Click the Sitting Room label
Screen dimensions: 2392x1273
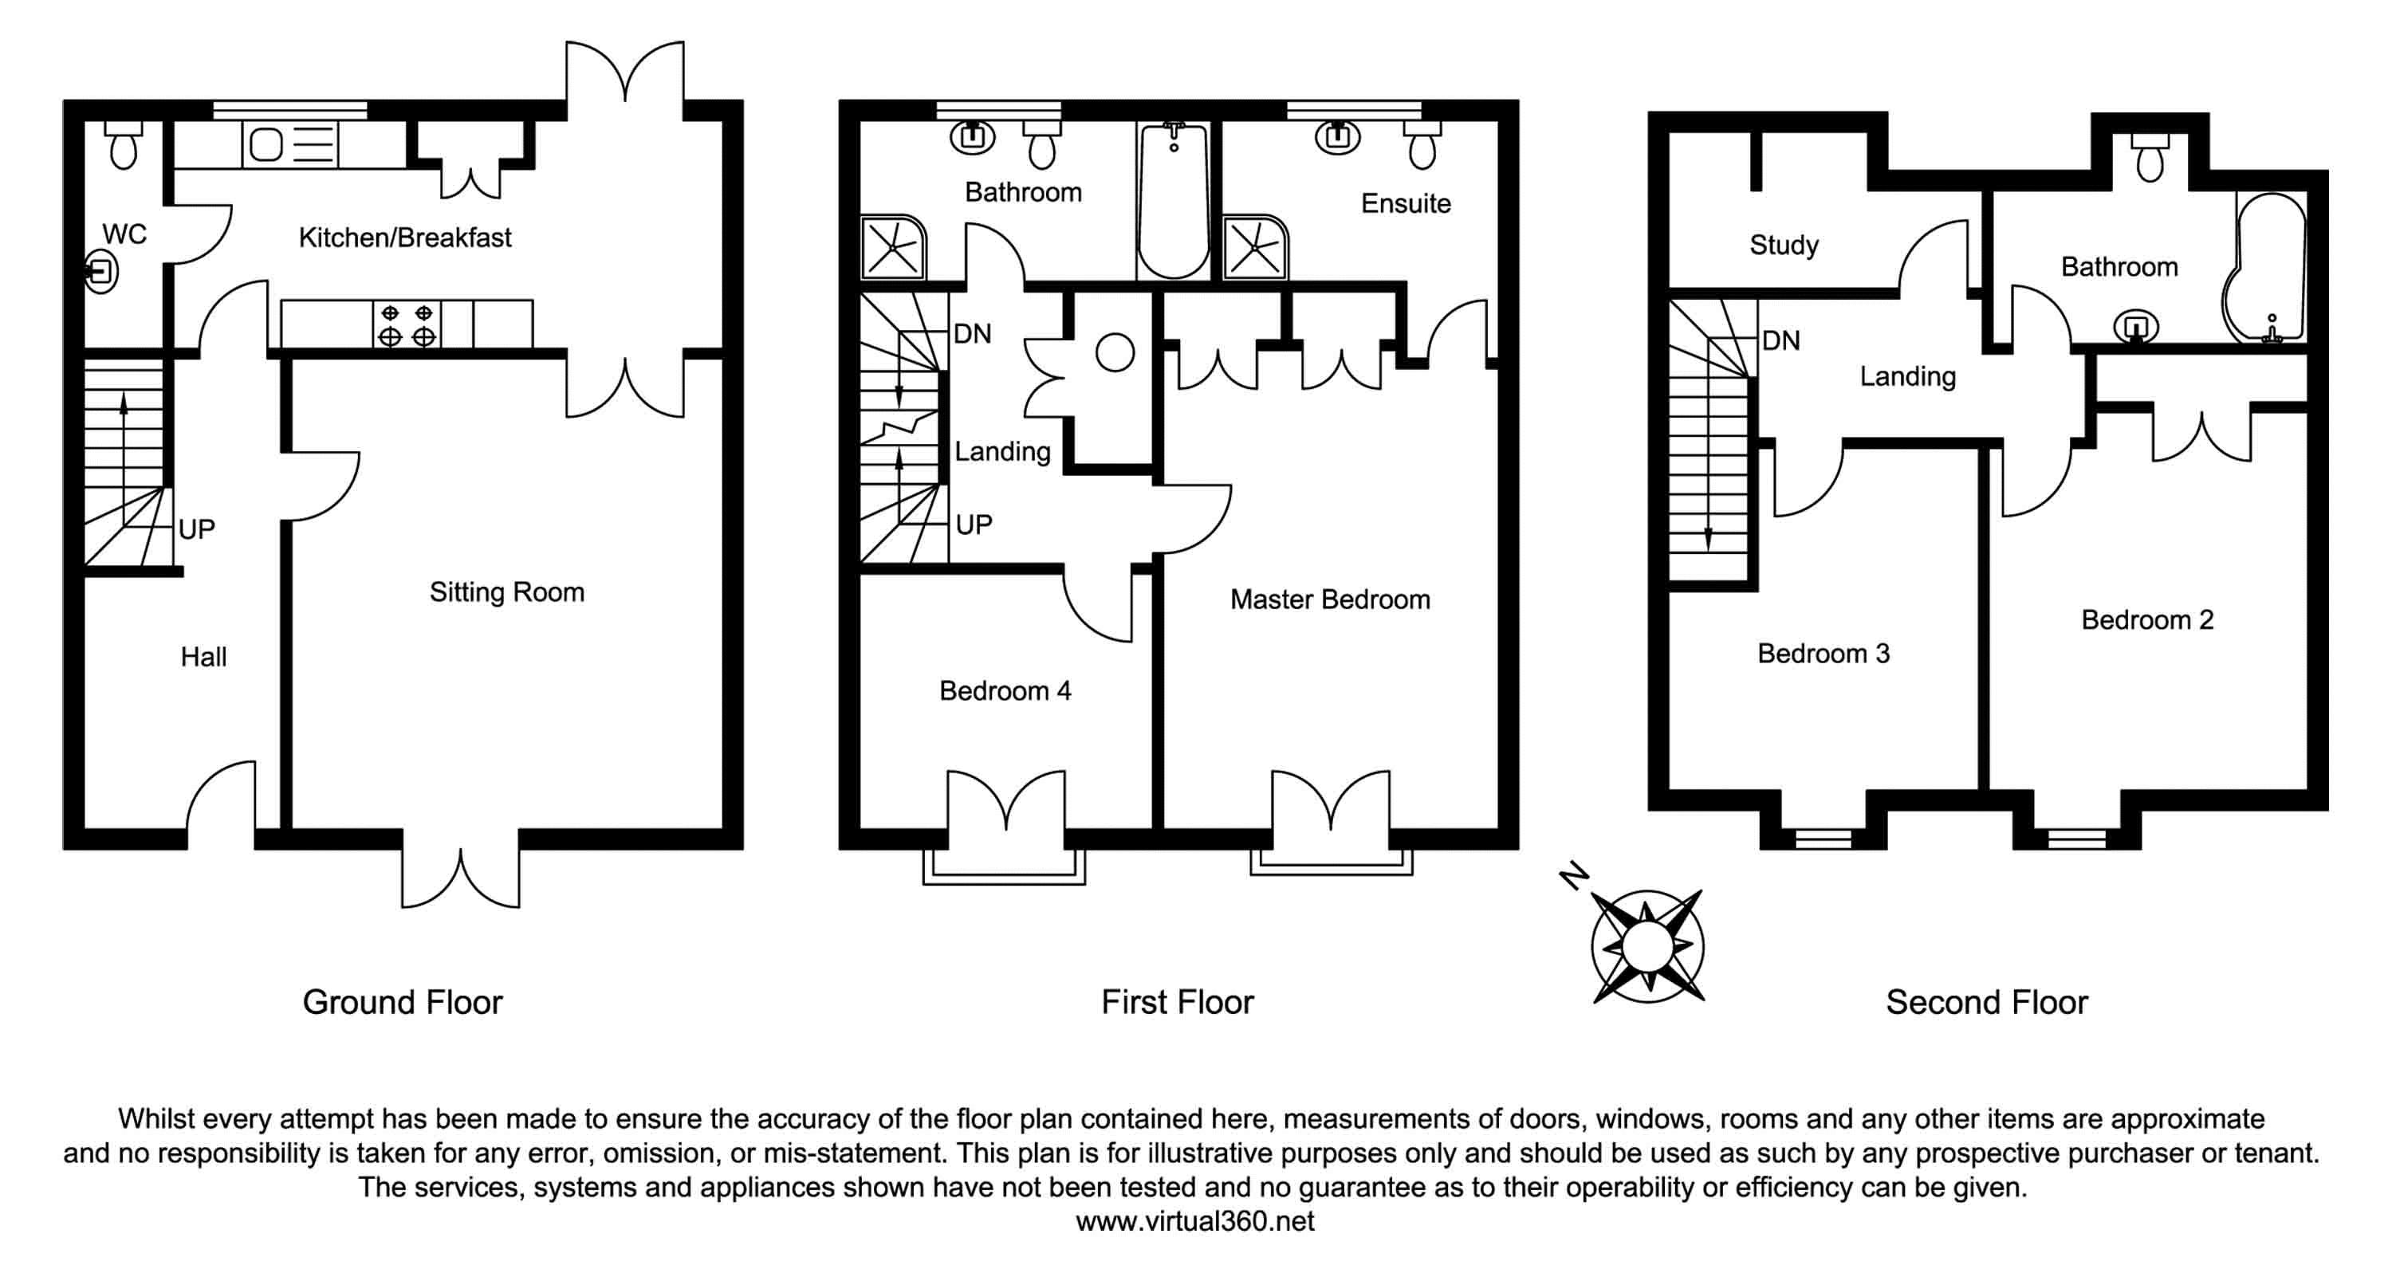(507, 592)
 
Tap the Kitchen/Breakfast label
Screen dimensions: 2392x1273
(405, 238)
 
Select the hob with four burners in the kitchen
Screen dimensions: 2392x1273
(407, 324)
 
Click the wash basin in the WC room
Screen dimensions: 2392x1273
(100, 272)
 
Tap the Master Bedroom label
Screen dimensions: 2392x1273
(1330, 599)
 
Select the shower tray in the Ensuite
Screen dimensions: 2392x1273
(1256, 248)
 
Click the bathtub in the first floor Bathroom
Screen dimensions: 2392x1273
(1174, 201)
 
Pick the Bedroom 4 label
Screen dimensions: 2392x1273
(1005, 691)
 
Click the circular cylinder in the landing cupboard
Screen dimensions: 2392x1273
(1115, 353)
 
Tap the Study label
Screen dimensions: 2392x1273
(1784, 246)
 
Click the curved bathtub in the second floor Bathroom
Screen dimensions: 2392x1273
(2264, 267)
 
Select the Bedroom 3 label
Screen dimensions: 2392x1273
(1823, 654)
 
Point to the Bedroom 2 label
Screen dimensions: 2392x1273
(2147, 620)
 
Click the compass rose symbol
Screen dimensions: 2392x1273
(1647, 946)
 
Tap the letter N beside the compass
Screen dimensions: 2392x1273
(1574, 875)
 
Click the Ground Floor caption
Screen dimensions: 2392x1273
(402, 1003)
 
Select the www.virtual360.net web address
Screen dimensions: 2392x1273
(1195, 1221)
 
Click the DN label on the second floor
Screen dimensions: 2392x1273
(1781, 340)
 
